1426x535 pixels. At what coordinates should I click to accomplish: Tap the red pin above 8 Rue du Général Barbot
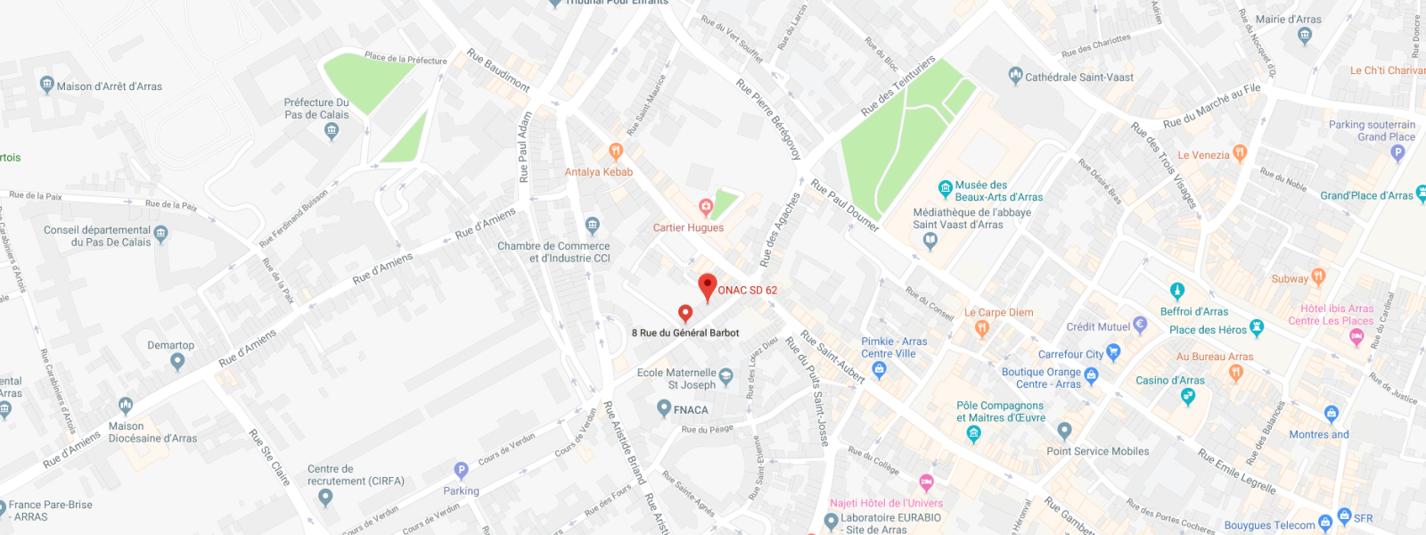click(x=685, y=313)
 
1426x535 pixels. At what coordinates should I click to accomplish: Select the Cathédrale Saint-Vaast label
click(x=1079, y=78)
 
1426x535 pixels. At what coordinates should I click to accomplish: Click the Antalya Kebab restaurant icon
click(x=615, y=152)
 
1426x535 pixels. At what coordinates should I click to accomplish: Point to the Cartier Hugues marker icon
click(x=706, y=208)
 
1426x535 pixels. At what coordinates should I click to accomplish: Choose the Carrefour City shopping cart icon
click(x=1113, y=353)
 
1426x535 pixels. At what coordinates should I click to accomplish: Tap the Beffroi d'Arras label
click(x=1193, y=311)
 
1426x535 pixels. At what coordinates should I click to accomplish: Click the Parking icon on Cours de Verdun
click(x=461, y=470)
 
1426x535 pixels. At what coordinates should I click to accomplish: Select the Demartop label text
click(x=170, y=345)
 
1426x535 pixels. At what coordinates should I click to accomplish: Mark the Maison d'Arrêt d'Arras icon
click(x=47, y=85)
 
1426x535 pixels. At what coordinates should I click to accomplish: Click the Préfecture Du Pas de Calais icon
click(x=332, y=131)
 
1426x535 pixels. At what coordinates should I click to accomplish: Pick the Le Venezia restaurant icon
click(x=1239, y=153)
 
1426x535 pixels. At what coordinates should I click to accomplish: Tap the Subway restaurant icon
click(x=1318, y=277)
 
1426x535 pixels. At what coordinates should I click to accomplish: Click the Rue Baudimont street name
click(x=498, y=70)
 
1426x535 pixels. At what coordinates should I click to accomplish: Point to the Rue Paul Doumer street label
click(x=844, y=206)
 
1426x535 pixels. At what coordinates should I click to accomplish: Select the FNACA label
click(x=691, y=410)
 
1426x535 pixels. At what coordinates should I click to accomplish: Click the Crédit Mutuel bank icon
click(x=1140, y=325)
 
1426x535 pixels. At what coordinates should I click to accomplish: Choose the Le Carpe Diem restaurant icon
click(x=982, y=329)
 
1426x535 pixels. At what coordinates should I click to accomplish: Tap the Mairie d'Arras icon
click(x=1306, y=36)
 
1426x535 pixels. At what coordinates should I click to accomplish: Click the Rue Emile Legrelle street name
click(x=1236, y=472)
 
